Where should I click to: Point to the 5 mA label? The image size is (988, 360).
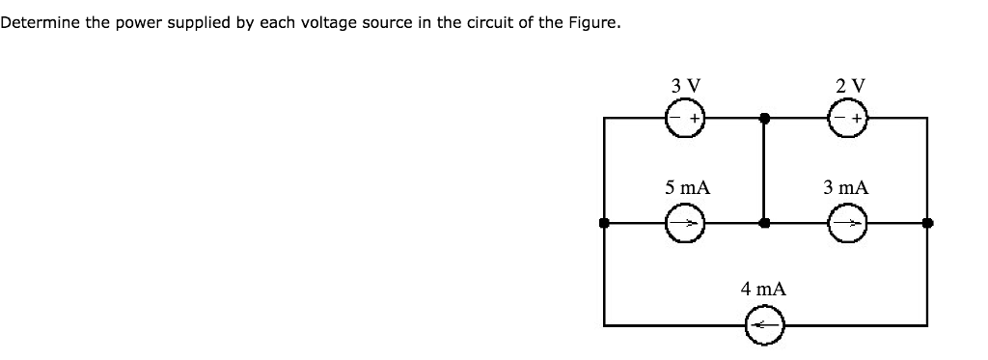tap(687, 187)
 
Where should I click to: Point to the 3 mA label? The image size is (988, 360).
tap(846, 187)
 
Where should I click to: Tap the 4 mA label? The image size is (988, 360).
tap(763, 289)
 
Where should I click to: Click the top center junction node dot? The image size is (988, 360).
tap(764, 120)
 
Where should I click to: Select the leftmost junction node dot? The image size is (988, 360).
tap(605, 223)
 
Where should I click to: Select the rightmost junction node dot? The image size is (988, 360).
tap(927, 223)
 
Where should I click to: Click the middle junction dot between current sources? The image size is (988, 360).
tap(764, 223)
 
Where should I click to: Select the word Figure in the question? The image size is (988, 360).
tap(590, 22)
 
